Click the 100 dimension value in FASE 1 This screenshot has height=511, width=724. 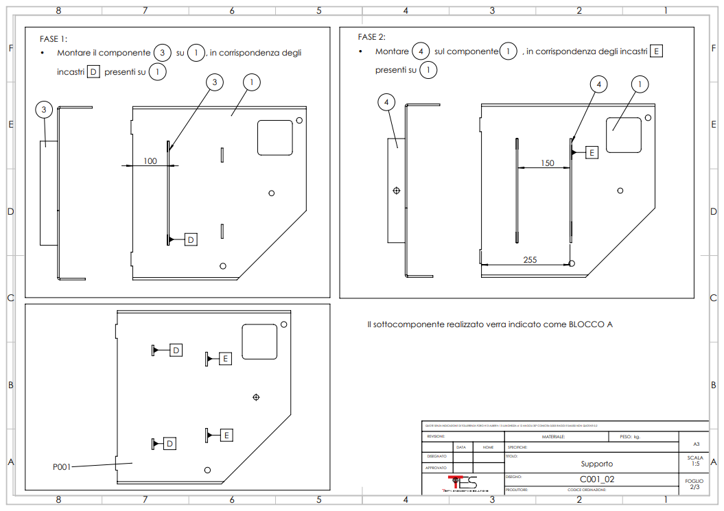pos(150,161)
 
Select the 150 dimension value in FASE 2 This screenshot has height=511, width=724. pos(547,163)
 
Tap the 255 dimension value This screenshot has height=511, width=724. pos(530,259)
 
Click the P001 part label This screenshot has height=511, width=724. pos(62,467)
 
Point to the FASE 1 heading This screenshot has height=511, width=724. pos(54,39)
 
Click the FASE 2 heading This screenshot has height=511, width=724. pos(371,37)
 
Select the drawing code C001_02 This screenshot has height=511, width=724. pos(596,479)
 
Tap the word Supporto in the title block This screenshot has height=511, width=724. pos(596,464)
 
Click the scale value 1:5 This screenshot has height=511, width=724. pos(694,464)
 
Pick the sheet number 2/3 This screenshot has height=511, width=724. pos(694,487)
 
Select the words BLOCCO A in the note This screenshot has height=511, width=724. pos(591,324)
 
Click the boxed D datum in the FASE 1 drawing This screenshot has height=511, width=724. pos(191,239)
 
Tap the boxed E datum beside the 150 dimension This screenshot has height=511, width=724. pos(592,152)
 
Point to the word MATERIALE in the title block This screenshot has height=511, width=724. pos(553,436)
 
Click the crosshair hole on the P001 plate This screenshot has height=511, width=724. pos(256,396)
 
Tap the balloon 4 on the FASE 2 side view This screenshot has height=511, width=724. pos(387,102)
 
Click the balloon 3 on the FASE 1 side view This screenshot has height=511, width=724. pos(45,109)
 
